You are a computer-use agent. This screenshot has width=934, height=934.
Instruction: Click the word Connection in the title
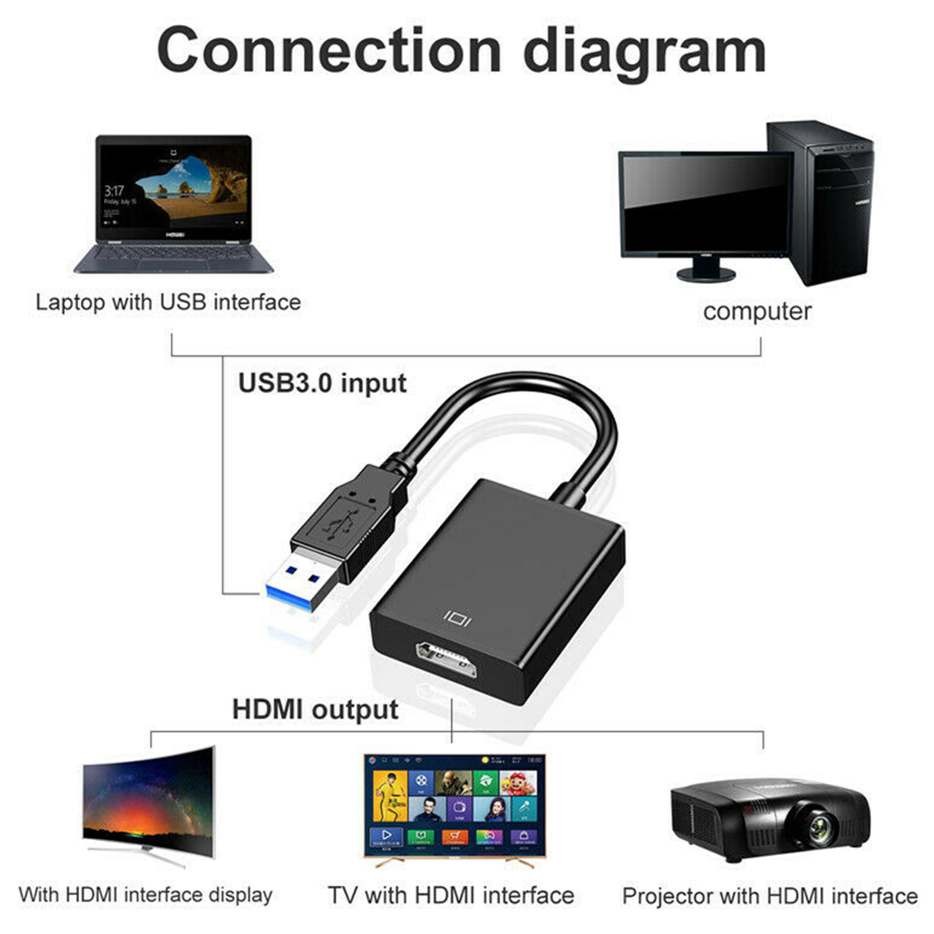[329, 51]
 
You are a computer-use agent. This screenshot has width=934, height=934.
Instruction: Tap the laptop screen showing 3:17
[174, 188]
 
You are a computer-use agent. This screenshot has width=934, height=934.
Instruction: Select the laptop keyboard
[173, 255]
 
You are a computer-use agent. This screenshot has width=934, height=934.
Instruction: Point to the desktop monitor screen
[706, 205]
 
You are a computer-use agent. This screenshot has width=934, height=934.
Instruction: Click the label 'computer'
[757, 311]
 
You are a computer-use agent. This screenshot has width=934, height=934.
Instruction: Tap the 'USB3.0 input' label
[322, 383]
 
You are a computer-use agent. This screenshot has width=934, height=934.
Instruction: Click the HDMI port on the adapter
[447, 660]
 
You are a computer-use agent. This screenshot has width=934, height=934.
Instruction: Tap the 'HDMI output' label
[315, 710]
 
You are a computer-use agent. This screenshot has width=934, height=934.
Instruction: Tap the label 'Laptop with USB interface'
[168, 302]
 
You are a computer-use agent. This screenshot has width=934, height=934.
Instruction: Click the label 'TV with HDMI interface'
[451, 895]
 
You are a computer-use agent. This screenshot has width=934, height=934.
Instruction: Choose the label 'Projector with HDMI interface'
[770, 896]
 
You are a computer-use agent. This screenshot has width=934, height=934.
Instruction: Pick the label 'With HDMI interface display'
[145, 895]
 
